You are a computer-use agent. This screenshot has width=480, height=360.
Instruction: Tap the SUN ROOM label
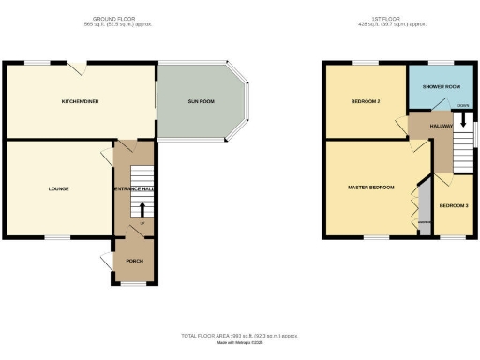(201, 100)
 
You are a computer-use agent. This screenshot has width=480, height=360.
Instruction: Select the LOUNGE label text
(59, 188)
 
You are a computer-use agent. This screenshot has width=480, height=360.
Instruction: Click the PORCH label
(133, 260)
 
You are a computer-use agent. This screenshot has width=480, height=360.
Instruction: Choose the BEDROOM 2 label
(365, 100)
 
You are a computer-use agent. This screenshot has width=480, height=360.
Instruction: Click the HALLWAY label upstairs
(441, 125)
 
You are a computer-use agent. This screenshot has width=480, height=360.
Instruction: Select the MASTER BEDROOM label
(371, 187)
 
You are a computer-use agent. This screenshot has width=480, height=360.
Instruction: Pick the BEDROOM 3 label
(454, 205)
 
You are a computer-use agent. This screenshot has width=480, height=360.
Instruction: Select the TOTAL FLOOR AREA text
(240, 335)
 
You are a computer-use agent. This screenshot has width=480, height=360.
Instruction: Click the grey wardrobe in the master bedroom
(423, 206)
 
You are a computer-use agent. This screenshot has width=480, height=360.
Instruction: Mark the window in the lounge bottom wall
(58, 237)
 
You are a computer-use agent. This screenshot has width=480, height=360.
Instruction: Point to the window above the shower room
(442, 64)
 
